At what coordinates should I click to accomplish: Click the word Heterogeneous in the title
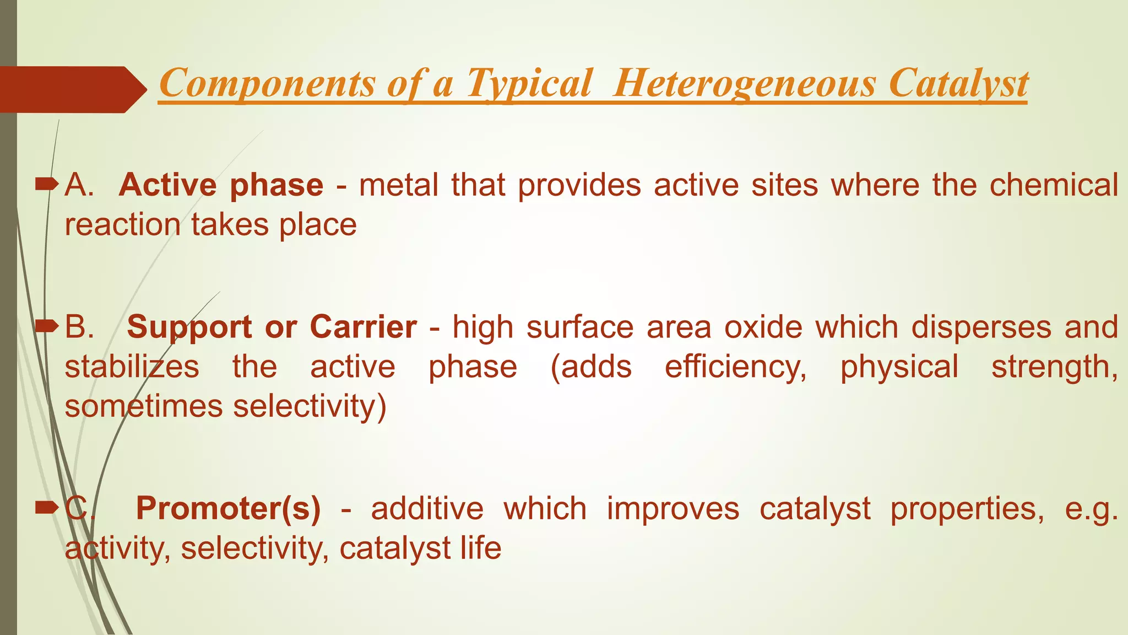[744, 83]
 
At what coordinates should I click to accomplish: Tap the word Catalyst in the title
[958, 83]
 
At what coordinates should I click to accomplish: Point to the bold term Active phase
[221, 185]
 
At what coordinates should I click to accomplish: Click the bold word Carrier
[363, 327]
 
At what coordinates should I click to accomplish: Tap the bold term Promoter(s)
[228, 508]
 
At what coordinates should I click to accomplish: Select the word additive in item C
[427, 508]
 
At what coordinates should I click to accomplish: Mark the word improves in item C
[673, 508]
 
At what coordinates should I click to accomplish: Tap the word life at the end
[481, 548]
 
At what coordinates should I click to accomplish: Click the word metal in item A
[399, 185]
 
